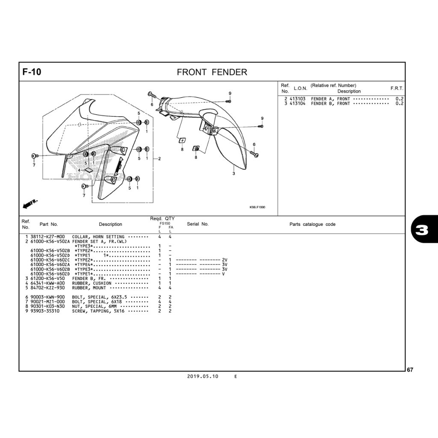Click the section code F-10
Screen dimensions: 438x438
32,72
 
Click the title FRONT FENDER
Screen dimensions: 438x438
212,72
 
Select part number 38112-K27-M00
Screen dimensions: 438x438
47,237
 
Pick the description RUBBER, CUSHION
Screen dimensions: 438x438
92,283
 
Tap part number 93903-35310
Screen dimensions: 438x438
45,311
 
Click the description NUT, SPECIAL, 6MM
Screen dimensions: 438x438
94,306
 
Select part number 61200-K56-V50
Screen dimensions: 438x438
47,278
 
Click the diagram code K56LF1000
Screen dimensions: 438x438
257,207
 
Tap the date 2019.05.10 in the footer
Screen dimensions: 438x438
202,376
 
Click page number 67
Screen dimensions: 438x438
410,370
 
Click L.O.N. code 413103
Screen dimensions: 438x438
298,99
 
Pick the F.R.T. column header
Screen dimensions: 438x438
397,88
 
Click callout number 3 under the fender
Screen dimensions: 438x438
234,174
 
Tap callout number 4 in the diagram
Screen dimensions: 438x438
79,170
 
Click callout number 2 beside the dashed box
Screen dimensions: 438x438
160,159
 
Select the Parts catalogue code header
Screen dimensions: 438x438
312,224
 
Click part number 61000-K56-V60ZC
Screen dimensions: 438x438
50,260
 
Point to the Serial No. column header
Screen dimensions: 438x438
198,224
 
